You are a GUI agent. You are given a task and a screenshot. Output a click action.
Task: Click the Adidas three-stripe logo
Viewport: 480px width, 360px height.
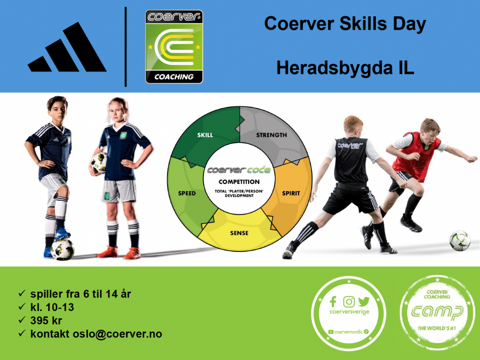67,48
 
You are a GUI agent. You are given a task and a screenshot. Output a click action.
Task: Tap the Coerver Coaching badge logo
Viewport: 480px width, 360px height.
174,47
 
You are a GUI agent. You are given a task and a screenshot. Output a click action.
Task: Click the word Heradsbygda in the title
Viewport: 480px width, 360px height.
334,69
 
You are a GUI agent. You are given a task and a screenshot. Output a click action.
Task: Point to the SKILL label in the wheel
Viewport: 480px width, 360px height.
205,135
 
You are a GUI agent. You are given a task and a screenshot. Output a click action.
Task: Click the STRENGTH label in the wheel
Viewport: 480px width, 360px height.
272,135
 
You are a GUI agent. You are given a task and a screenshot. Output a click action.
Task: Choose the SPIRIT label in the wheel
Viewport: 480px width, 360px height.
291,193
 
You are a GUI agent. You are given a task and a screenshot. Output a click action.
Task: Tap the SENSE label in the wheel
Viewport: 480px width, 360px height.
239,233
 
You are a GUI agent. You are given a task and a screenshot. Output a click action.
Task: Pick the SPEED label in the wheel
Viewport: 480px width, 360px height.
187,193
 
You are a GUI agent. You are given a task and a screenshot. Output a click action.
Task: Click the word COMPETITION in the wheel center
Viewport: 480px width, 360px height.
239,182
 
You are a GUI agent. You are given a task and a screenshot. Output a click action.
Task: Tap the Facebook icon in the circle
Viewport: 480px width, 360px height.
333,301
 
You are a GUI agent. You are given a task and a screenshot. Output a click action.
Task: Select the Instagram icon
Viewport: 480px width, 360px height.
348,301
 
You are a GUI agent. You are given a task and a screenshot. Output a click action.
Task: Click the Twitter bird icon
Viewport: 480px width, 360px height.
364,301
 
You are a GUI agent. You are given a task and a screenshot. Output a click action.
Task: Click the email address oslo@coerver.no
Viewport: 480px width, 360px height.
117,334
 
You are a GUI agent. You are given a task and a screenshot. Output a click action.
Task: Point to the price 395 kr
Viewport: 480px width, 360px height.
46,321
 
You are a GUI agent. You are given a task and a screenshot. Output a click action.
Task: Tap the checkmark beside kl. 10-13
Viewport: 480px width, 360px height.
22,306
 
